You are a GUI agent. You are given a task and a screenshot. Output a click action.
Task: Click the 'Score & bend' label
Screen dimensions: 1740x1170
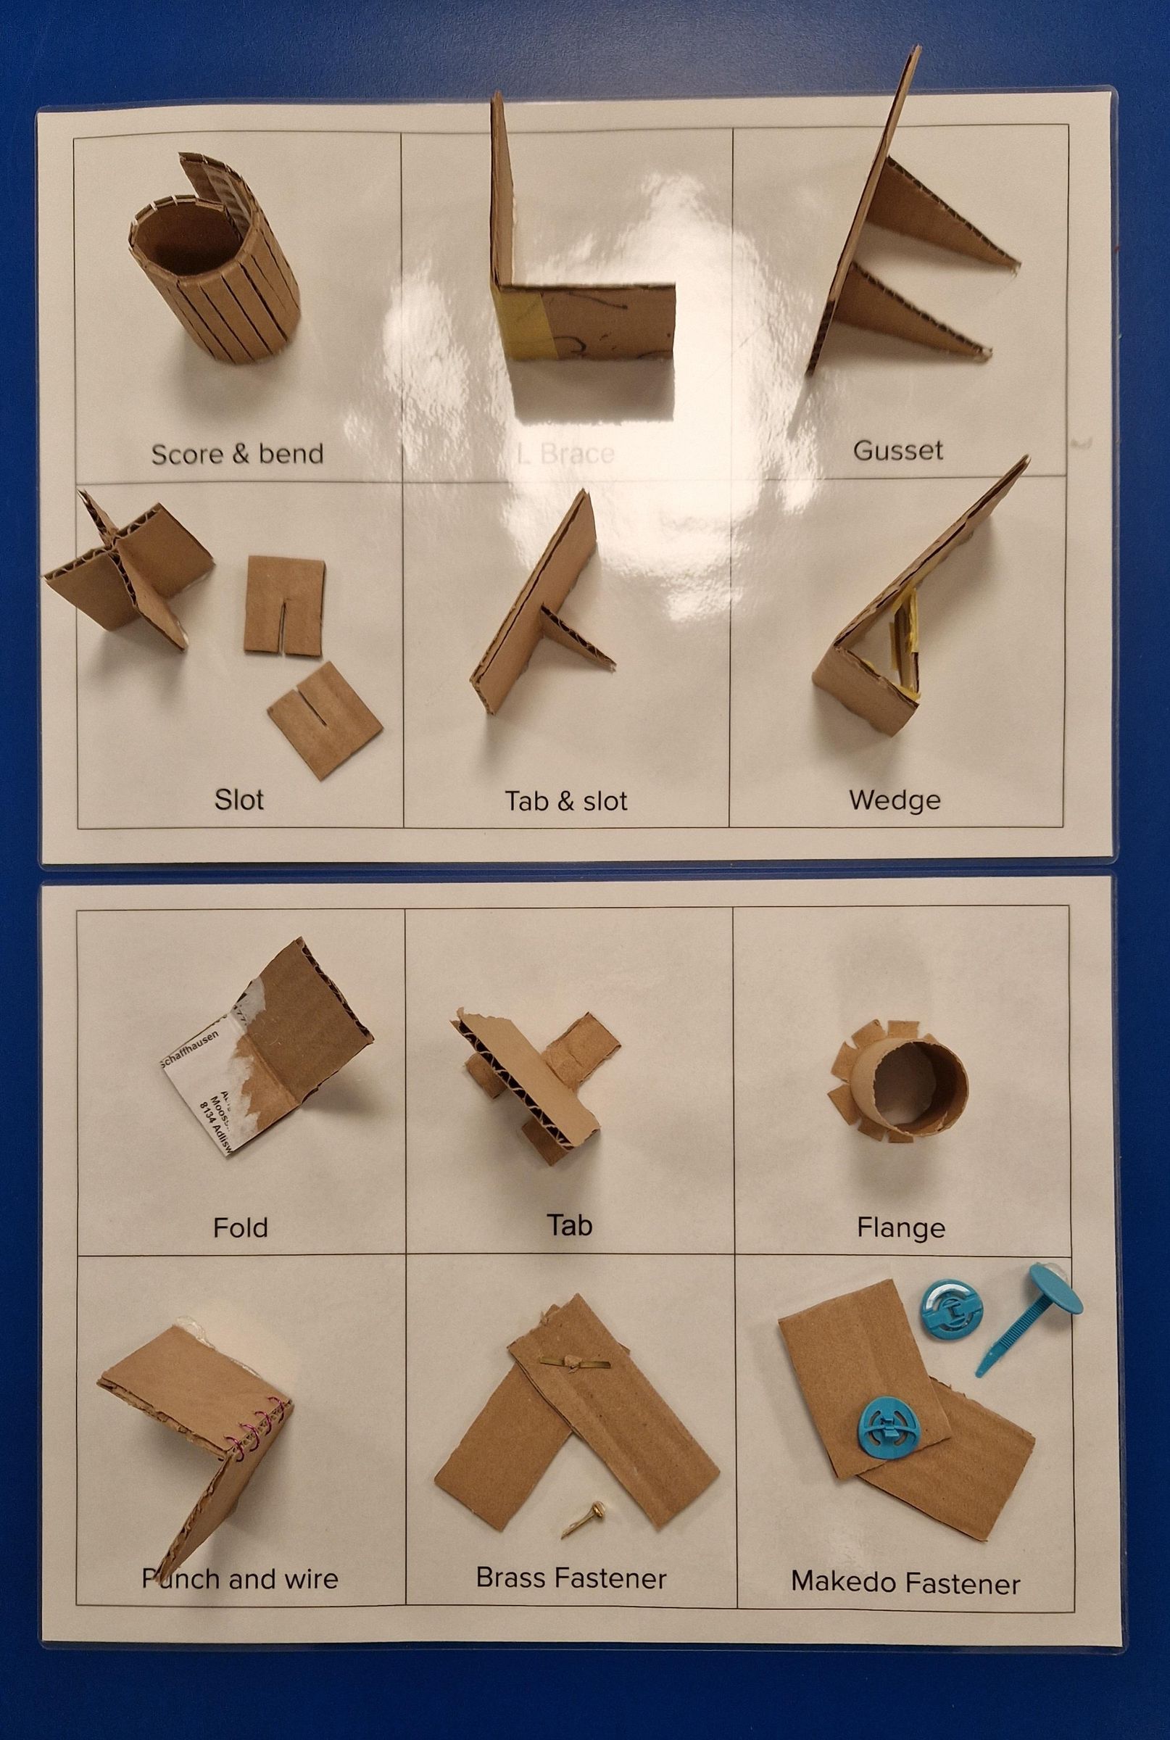pyautogui.click(x=237, y=454)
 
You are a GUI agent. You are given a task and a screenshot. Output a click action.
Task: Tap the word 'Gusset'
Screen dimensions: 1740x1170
pyautogui.click(x=898, y=450)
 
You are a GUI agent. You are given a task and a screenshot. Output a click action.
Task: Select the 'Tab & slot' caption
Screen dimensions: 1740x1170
pyautogui.click(x=566, y=800)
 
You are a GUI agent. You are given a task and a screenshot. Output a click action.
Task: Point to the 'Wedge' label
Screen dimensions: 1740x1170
pyautogui.click(x=895, y=800)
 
